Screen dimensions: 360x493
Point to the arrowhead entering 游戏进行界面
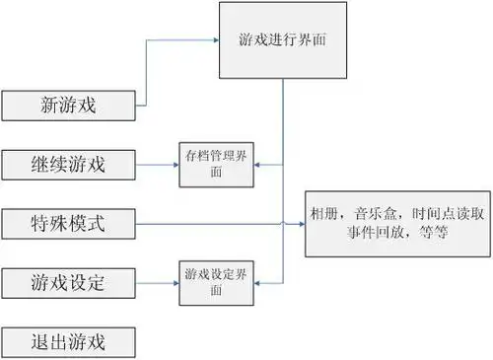[x=217, y=40]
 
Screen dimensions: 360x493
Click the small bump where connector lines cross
[x=285, y=224]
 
